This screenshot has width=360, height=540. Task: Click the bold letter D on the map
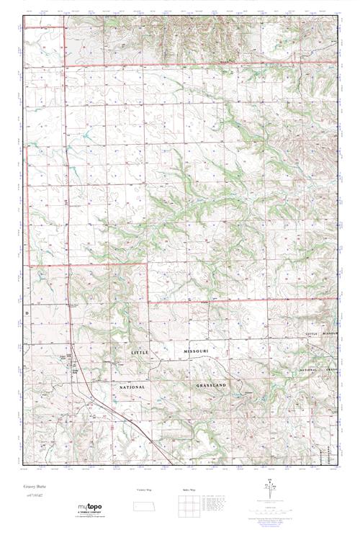click(27, 314)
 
